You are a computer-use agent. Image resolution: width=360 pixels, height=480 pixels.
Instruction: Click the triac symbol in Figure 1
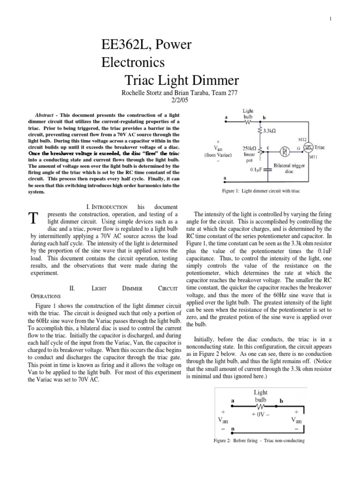point(308,148)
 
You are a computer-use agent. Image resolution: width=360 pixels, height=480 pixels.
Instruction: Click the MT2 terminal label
point(302,139)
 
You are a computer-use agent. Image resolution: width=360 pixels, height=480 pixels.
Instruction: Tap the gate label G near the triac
point(299,148)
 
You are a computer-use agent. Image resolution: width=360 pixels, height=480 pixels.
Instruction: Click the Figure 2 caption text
point(259,441)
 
